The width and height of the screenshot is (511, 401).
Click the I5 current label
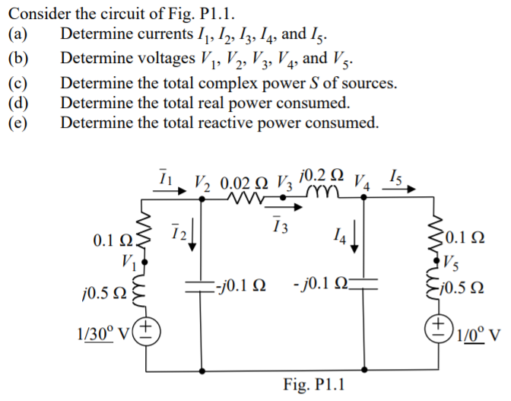point(396,176)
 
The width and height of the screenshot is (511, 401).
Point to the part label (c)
point(17,83)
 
